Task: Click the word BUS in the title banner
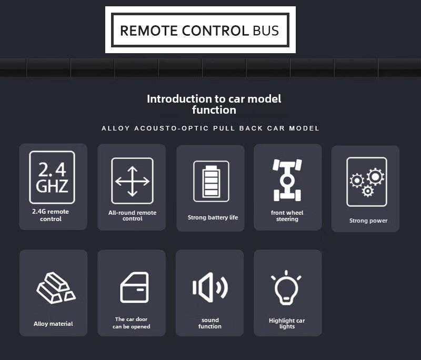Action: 266,30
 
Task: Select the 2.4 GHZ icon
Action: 52,177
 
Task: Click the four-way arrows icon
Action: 132,181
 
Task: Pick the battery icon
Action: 211,181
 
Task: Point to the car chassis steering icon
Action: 287,180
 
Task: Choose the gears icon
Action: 366,182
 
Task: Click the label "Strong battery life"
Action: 213,217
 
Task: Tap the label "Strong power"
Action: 368,221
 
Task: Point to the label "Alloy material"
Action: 53,324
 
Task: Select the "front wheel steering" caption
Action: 287,216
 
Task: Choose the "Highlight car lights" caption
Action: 287,323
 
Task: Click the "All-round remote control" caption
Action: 132,216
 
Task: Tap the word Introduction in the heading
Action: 176,98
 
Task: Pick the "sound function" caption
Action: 210,323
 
